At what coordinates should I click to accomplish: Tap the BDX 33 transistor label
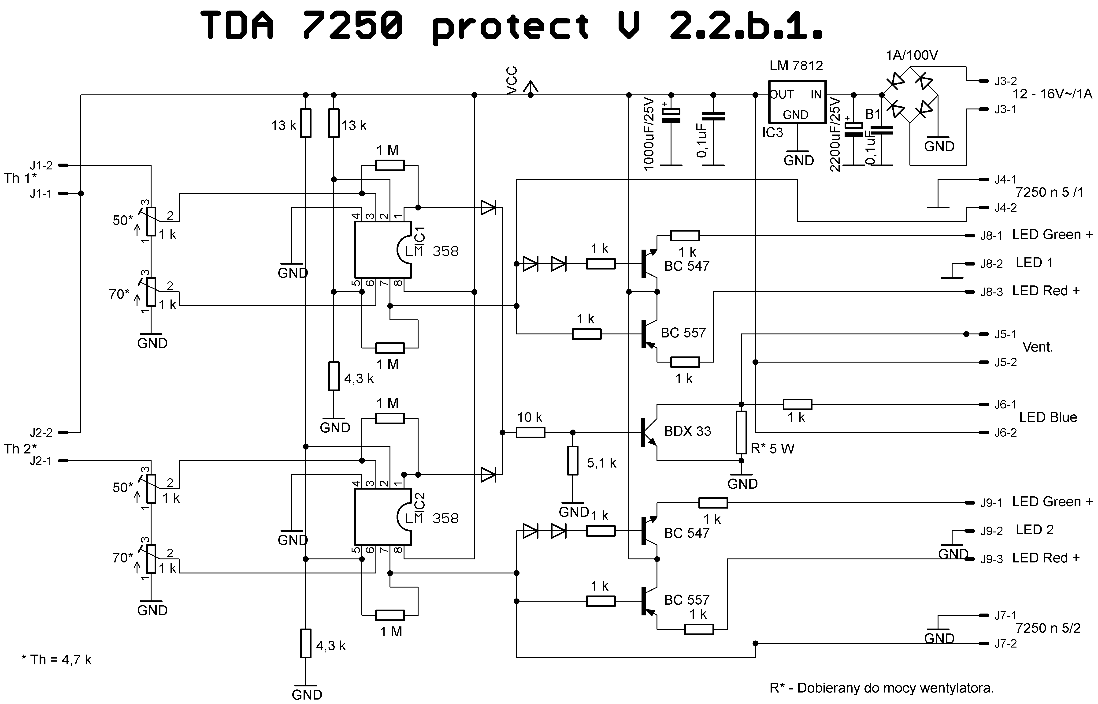687,431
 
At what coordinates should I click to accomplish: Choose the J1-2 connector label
41,165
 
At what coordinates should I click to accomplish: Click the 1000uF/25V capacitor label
649,134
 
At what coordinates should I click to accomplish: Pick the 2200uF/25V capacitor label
835,134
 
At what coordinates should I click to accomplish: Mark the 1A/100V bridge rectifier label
912,55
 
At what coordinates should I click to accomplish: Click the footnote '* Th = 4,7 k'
57,660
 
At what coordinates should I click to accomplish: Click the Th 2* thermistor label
20,449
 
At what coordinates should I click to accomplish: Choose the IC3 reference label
772,133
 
